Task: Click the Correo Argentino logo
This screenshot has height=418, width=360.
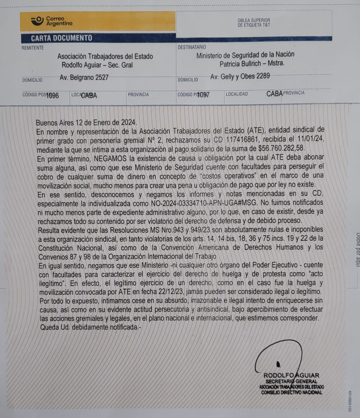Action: click(52, 21)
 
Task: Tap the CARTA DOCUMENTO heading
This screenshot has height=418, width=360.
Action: click(61, 38)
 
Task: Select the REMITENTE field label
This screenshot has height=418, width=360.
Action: click(32, 48)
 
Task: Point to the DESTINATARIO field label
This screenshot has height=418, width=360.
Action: click(192, 47)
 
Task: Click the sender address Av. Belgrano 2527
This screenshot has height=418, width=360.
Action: click(84, 78)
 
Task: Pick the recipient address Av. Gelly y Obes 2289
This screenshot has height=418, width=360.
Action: click(240, 76)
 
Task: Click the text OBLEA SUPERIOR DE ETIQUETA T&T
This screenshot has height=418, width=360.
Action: click(254, 22)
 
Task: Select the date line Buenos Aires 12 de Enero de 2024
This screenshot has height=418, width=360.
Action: click(86, 123)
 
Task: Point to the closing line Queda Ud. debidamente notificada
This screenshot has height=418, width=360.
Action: click(91, 327)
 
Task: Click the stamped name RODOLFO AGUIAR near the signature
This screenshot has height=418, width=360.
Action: click(291, 375)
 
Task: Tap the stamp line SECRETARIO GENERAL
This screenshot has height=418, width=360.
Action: click(291, 381)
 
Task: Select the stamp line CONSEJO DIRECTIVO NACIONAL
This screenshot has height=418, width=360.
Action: click(292, 392)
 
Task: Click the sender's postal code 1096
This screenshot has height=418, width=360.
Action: click(53, 95)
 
